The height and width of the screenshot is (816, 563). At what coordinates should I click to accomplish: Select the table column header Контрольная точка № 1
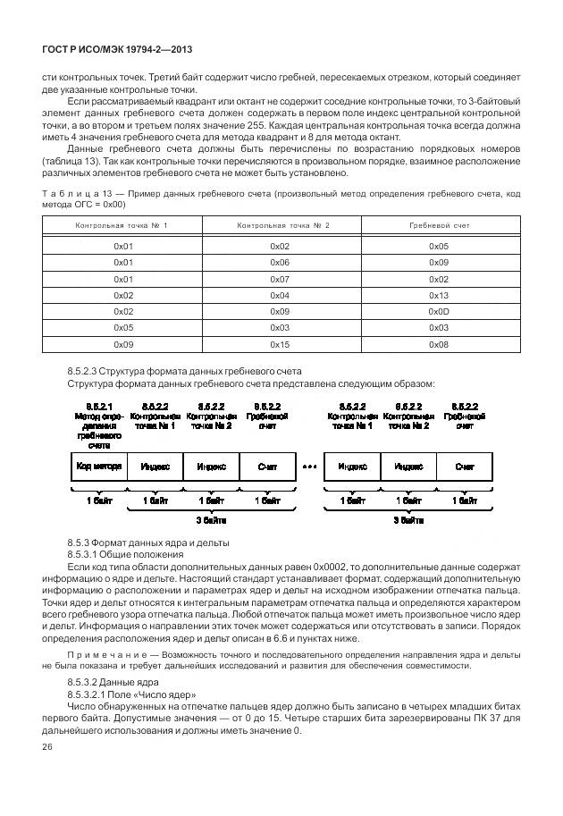click(122, 225)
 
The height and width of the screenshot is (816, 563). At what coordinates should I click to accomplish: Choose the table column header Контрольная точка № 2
click(281, 225)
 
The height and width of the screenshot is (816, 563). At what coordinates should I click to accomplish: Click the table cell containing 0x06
click(280, 262)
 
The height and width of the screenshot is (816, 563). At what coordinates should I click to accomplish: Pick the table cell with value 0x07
click(280, 279)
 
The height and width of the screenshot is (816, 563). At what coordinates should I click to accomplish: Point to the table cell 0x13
click(438, 295)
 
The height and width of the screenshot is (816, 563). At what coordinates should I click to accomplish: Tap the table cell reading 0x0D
click(438, 312)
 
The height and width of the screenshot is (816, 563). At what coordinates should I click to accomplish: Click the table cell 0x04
click(280, 295)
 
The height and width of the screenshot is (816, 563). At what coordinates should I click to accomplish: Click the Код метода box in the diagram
click(98, 466)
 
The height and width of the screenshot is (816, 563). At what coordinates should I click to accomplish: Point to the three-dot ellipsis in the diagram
click(310, 466)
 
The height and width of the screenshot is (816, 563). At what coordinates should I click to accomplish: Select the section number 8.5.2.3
click(88, 371)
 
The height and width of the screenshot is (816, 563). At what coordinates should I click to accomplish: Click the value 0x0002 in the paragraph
click(331, 568)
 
